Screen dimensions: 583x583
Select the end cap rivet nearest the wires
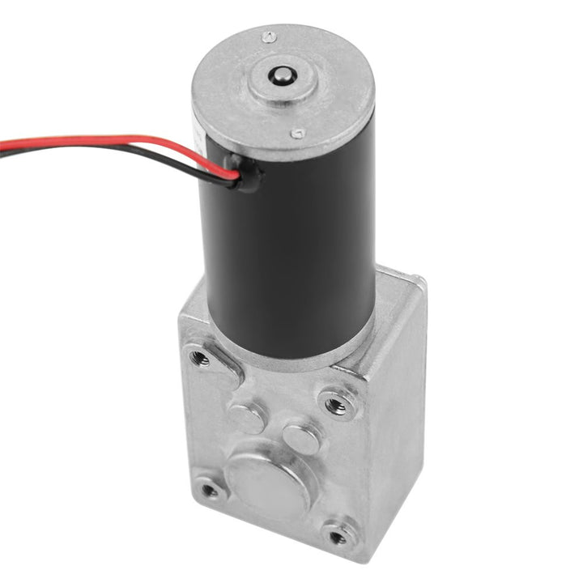tap(298, 134)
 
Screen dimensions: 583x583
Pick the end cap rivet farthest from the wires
tap(269, 37)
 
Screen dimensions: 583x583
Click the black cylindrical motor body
tap(291, 243)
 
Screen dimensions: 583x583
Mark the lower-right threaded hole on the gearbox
tap(338, 536)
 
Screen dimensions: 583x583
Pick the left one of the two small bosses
tap(245, 417)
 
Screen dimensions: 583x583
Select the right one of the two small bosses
tap(301, 438)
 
